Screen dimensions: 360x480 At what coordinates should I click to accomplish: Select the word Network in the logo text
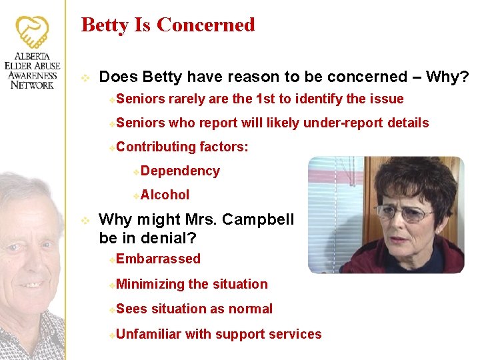(32, 85)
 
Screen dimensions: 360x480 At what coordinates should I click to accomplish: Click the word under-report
(333, 123)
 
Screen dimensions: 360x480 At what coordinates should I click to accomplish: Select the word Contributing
(155, 146)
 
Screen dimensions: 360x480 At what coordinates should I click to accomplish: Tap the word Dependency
(180, 171)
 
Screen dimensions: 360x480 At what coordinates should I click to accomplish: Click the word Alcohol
(165, 195)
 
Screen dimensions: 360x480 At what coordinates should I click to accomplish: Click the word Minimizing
(150, 284)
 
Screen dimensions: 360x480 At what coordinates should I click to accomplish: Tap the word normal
(250, 309)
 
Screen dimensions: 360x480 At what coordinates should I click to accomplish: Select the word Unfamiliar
(148, 334)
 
